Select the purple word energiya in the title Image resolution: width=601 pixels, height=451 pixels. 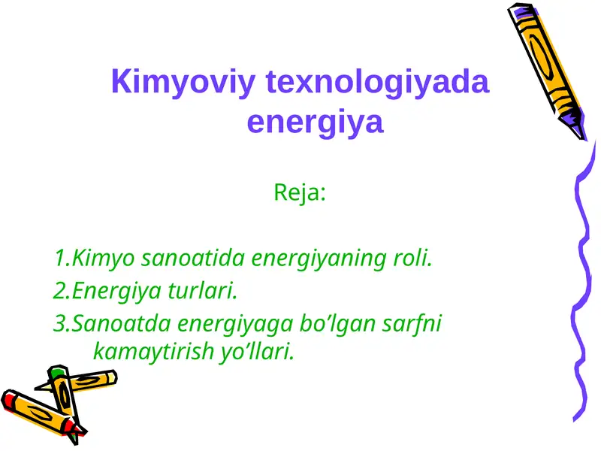[315, 123]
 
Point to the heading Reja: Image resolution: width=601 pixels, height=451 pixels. [300, 193]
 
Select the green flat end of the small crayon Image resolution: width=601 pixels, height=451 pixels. [56, 372]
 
